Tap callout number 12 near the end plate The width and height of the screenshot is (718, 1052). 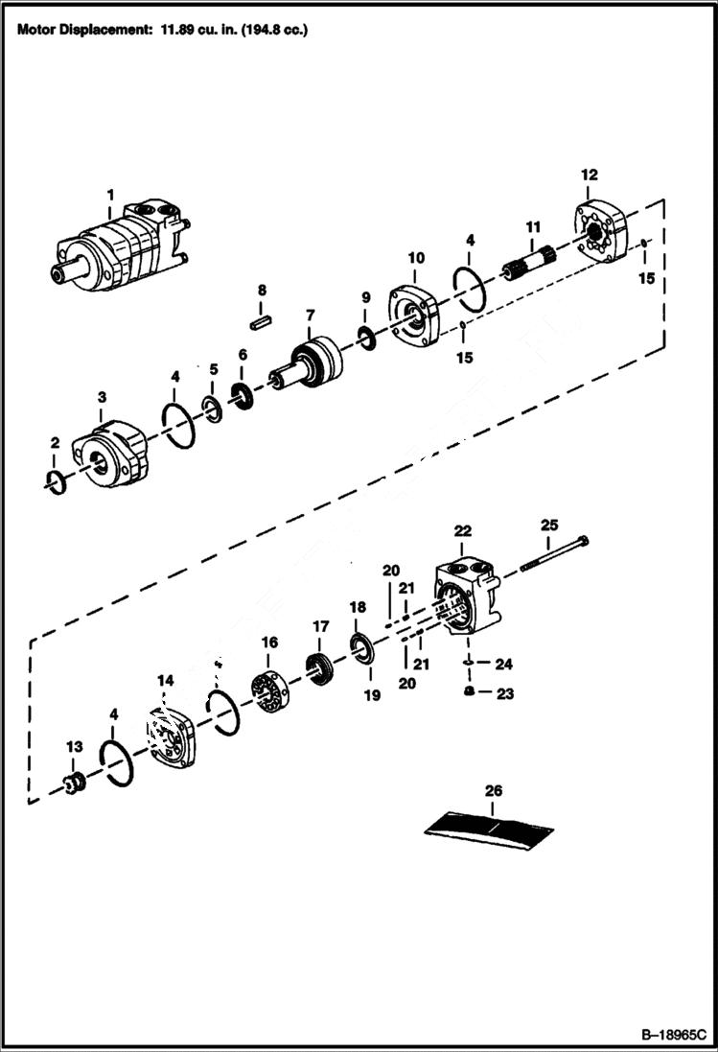[589, 175]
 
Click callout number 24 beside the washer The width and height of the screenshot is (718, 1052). [504, 664]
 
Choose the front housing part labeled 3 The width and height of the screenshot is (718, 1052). [114, 456]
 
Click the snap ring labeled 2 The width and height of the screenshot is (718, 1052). [57, 480]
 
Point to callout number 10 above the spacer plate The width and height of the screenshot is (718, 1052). [416, 258]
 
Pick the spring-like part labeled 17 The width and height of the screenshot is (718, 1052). [318, 665]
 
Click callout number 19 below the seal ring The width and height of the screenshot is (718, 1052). [373, 695]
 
